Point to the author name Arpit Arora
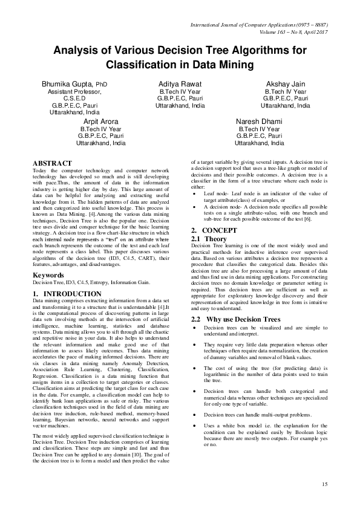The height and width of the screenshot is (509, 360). click(101, 122)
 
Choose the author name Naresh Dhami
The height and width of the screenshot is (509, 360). click(259, 122)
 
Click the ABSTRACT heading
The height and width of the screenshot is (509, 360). click(52, 163)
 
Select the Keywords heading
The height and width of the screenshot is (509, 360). click(48, 275)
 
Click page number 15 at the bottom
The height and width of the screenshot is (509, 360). click(324, 484)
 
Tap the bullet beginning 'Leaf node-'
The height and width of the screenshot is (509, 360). click(193, 193)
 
